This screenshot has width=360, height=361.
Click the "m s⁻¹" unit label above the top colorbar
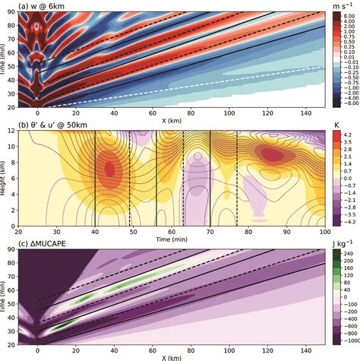[344, 6]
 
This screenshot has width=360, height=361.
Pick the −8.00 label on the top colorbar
[346, 107]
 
